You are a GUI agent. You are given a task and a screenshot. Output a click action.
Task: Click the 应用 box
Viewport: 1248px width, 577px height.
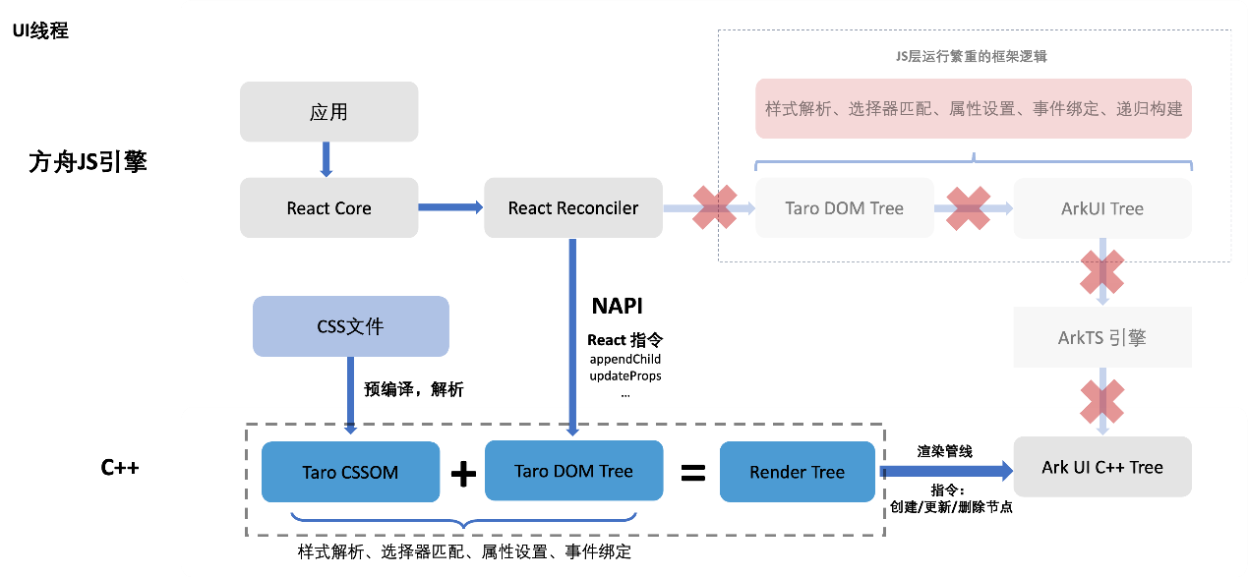[x=328, y=111]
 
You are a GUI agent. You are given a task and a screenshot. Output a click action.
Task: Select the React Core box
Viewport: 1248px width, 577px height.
[x=328, y=207]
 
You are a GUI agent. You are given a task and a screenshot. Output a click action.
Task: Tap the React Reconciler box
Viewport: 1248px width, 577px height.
[x=572, y=207]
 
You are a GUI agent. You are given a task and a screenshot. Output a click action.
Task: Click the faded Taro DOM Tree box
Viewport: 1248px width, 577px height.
[x=844, y=207]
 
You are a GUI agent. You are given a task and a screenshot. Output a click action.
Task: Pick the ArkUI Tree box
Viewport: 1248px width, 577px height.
[x=1101, y=207]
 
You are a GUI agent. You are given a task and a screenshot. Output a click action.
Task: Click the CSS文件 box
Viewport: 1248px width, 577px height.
[x=350, y=326]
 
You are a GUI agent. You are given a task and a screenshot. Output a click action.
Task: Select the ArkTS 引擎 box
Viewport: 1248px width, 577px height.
[x=1101, y=337]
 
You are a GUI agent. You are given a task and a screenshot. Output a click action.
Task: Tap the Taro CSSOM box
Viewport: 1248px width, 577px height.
[x=350, y=472]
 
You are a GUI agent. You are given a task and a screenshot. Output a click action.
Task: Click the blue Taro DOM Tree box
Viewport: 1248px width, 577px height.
[x=573, y=471]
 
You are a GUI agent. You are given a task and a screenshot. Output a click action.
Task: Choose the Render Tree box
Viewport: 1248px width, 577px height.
[x=797, y=472]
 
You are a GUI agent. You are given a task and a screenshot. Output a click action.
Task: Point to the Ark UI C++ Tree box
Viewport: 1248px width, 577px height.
[x=1101, y=467]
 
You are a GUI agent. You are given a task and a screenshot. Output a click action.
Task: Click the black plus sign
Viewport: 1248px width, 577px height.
[x=463, y=474]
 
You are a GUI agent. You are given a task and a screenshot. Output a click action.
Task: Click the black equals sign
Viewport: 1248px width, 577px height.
[x=693, y=474]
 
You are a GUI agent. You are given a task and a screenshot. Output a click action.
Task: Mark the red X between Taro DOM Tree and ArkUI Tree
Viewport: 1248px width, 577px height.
[x=968, y=207]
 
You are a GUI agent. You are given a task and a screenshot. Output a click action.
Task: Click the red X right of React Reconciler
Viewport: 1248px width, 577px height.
[x=715, y=207]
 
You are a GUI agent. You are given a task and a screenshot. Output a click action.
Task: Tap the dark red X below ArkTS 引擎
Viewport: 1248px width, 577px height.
[x=1101, y=396]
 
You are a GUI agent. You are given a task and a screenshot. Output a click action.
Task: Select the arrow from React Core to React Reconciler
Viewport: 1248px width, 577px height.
[x=450, y=207]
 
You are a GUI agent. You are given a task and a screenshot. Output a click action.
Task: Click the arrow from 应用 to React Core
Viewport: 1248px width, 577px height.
[x=327, y=159]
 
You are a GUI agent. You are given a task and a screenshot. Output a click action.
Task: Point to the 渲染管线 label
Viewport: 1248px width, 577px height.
[x=944, y=451]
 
